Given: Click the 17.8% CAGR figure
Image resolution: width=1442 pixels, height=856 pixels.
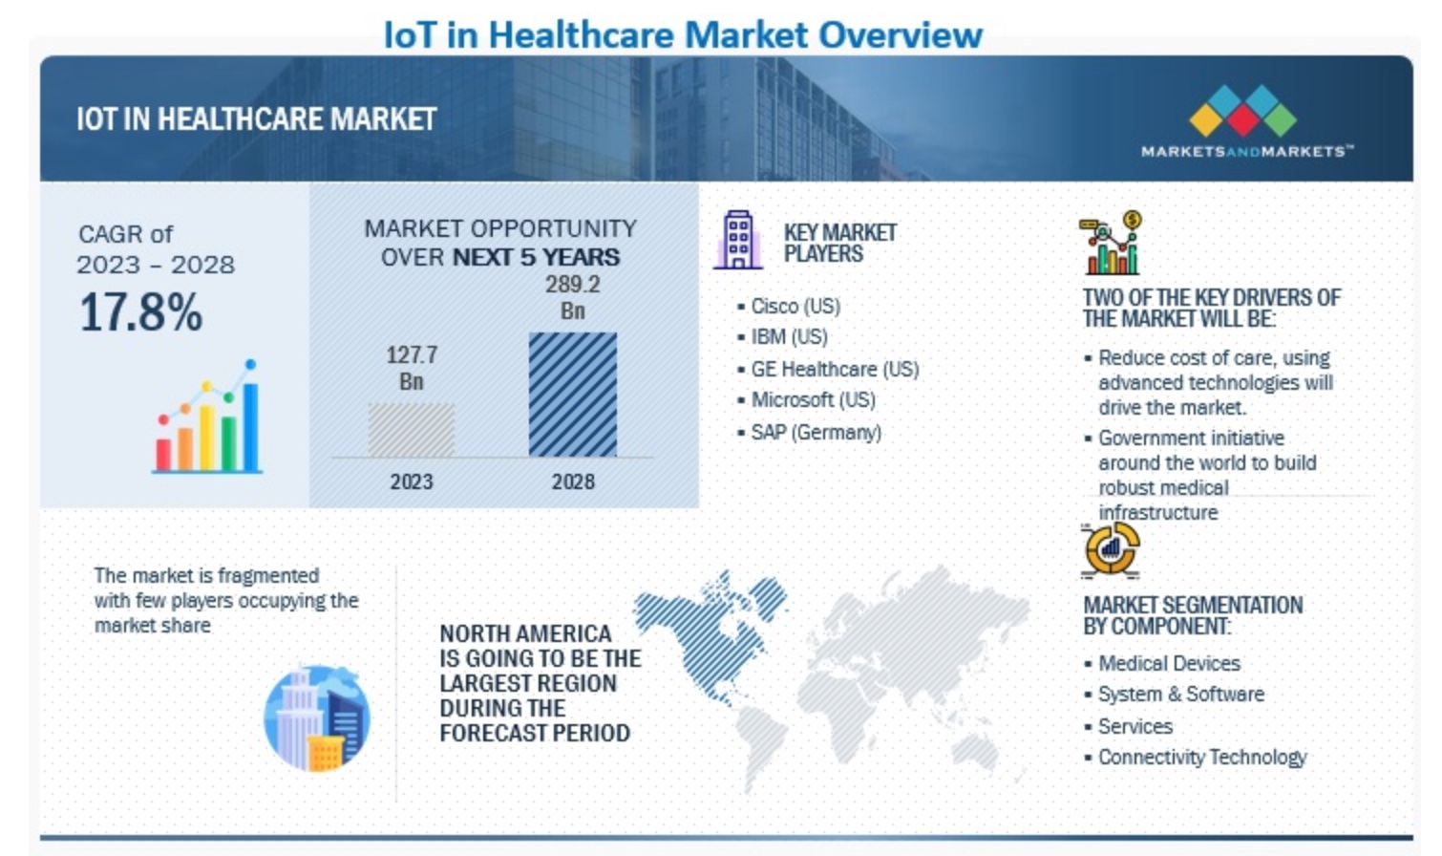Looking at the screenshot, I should pyautogui.click(x=140, y=312).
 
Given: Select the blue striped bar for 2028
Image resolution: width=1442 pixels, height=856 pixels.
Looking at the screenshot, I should pyautogui.click(x=572, y=394).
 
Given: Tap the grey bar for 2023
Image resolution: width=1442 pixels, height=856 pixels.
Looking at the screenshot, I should pyautogui.click(x=411, y=429).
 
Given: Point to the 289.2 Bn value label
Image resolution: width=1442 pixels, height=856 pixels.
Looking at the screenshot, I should pyautogui.click(x=572, y=297).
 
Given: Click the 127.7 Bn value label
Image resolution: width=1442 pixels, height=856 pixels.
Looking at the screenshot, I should pyautogui.click(x=412, y=368).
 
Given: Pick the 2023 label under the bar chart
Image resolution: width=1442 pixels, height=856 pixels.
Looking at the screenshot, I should pyautogui.click(x=411, y=481).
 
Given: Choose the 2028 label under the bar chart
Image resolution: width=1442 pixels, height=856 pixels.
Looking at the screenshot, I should pyautogui.click(x=572, y=481).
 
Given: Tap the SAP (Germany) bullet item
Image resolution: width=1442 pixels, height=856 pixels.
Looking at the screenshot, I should pyautogui.click(x=815, y=432).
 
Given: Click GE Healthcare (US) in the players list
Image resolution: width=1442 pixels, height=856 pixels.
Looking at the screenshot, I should pyautogui.click(x=834, y=369).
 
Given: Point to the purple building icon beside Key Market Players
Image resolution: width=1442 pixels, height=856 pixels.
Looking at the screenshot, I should pyautogui.click(x=737, y=240).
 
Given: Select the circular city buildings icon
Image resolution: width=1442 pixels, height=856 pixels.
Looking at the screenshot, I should pyautogui.click(x=316, y=718).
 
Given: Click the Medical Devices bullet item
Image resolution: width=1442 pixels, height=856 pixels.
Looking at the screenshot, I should pyautogui.click(x=1168, y=663).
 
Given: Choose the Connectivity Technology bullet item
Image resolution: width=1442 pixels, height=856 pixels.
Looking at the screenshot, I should pyautogui.click(x=1201, y=757).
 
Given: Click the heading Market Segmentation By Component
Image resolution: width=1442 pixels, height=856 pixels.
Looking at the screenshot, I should pyautogui.click(x=1192, y=615).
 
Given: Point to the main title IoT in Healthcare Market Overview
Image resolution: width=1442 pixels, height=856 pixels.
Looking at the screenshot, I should pyautogui.click(x=682, y=34).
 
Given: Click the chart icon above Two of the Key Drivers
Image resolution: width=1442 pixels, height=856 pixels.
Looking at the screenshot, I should pyautogui.click(x=1111, y=244).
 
